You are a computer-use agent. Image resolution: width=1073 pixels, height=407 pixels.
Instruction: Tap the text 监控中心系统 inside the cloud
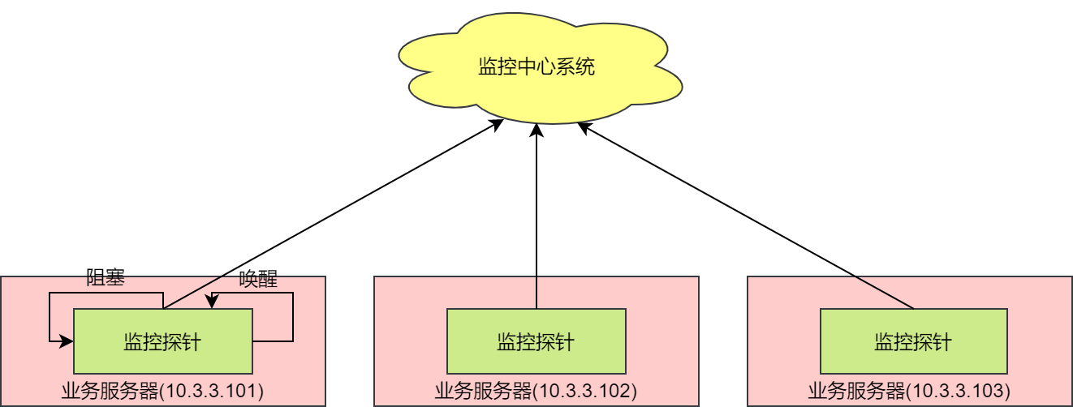(x=536, y=66)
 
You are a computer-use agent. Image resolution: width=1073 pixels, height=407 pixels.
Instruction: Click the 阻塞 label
(x=105, y=278)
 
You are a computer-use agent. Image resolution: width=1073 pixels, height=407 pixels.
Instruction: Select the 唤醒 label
(x=258, y=280)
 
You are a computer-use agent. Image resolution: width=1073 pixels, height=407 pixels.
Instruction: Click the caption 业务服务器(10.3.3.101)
(x=162, y=391)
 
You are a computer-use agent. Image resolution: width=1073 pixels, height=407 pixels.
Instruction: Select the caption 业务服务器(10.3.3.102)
(x=536, y=391)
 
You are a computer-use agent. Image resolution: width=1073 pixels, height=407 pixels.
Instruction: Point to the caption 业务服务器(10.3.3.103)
(x=909, y=391)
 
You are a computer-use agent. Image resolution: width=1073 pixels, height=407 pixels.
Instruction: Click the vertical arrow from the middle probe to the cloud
(x=536, y=219)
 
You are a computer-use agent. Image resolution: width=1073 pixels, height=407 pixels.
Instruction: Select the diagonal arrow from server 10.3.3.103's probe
(x=747, y=216)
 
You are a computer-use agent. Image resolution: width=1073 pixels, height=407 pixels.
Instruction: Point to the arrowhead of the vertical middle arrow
(x=536, y=130)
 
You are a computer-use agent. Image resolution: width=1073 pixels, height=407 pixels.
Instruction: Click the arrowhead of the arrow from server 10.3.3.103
(x=584, y=126)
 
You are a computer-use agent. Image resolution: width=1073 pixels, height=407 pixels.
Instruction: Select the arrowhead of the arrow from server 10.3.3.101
(x=497, y=123)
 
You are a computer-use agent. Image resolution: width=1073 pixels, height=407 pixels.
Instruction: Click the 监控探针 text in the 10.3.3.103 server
(x=913, y=341)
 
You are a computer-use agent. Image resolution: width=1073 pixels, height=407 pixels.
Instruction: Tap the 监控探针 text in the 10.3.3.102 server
(x=536, y=341)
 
